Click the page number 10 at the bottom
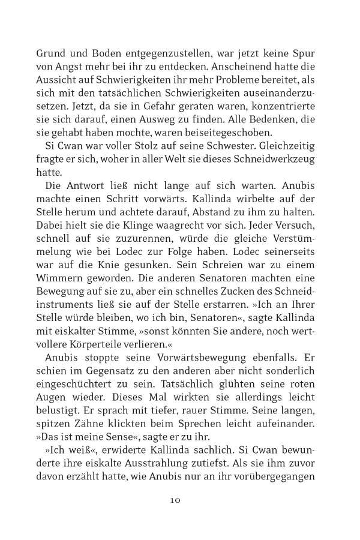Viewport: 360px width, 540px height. tap(179, 499)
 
